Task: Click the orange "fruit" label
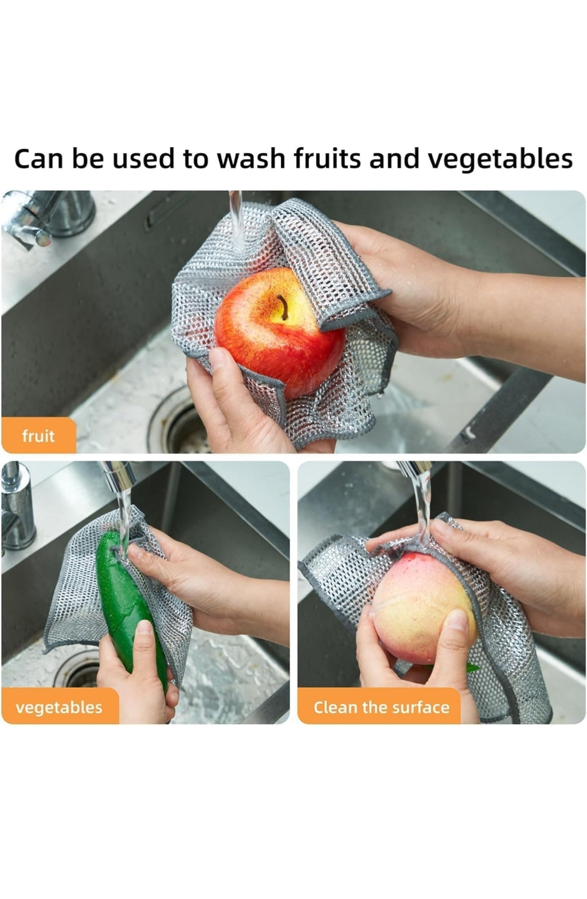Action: [x=38, y=435]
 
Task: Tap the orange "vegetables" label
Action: [x=60, y=707]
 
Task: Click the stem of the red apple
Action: [x=283, y=307]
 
